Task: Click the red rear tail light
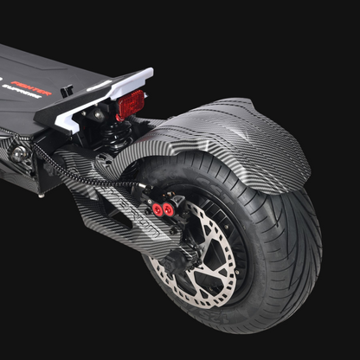[130, 105]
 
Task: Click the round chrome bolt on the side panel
[18, 153]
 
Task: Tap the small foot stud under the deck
[42, 195]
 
